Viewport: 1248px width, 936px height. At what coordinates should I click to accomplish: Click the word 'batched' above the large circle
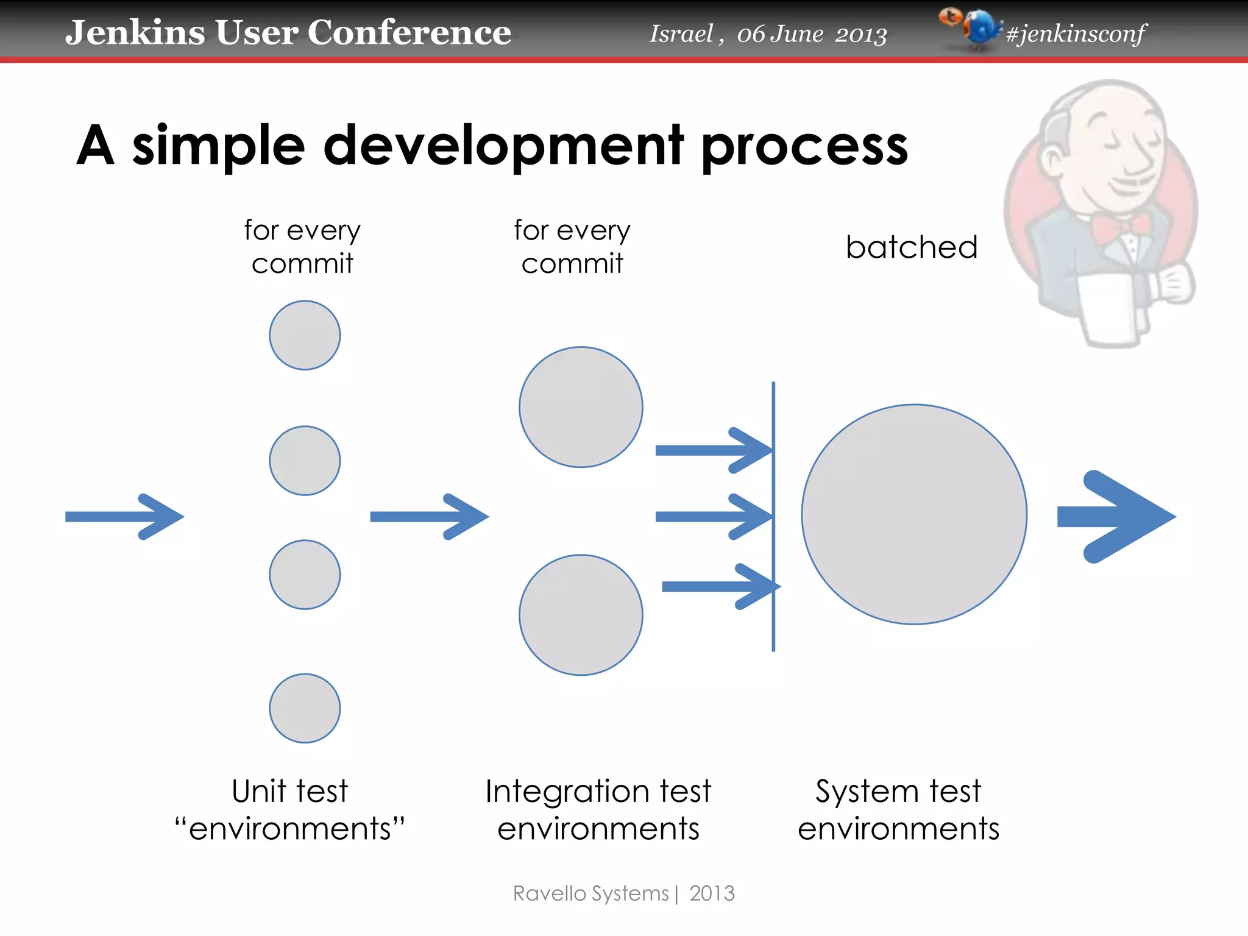(x=912, y=247)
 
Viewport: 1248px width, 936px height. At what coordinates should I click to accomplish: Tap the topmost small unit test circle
(x=305, y=335)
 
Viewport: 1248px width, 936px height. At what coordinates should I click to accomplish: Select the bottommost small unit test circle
(x=305, y=708)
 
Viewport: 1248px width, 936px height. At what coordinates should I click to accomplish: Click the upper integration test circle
(x=581, y=407)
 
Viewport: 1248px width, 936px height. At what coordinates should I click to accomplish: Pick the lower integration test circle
(x=581, y=615)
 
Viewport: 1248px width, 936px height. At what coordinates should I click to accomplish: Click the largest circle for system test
(x=914, y=514)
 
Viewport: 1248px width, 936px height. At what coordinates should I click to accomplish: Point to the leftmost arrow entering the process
(x=125, y=517)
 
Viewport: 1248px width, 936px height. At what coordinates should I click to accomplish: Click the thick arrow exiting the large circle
(x=1115, y=517)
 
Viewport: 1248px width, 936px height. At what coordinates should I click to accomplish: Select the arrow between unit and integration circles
(x=430, y=517)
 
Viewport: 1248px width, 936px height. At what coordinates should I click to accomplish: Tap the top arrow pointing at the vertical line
(x=713, y=450)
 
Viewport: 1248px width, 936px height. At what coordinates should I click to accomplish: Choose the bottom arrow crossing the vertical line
(x=719, y=586)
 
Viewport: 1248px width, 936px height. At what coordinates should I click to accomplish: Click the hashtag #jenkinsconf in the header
(x=1076, y=34)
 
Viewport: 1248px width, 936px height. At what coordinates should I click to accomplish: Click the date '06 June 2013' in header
(x=812, y=34)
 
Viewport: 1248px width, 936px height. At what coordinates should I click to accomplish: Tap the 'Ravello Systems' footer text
(x=591, y=893)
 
